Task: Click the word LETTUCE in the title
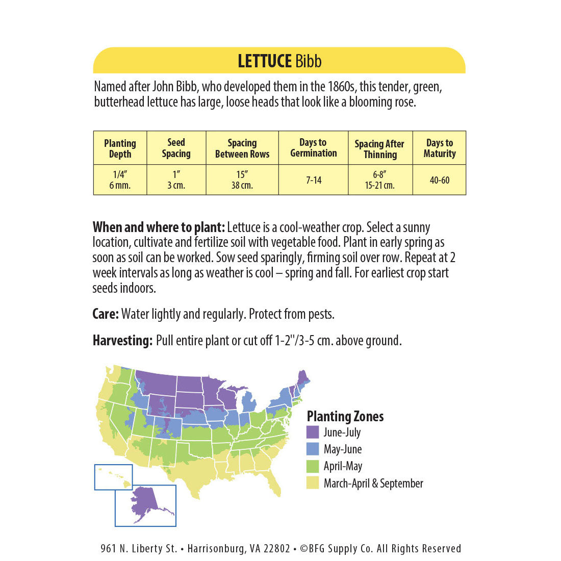click(264, 62)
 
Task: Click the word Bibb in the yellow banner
click(308, 62)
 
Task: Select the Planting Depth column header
click(120, 148)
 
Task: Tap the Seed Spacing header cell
click(176, 148)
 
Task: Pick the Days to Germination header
click(313, 148)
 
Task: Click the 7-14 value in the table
click(313, 180)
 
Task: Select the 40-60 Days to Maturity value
click(439, 180)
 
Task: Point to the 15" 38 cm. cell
click(242, 180)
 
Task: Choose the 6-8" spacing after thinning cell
click(379, 180)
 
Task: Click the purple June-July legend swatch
click(313, 432)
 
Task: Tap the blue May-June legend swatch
click(313, 449)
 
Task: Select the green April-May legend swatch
click(313, 466)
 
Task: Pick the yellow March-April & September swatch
click(313, 483)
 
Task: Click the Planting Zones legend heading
click(345, 416)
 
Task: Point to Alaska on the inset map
click(148, 502)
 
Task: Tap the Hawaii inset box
click(113, 477)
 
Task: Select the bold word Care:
click(106, 314)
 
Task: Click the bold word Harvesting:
click(122, 341)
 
